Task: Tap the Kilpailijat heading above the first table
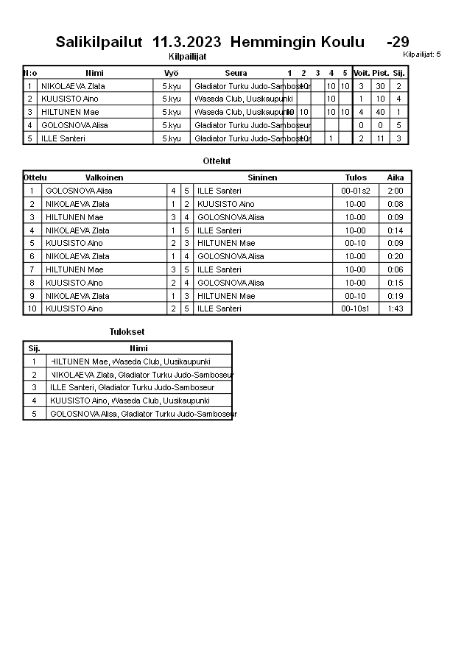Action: (x=188, y=56)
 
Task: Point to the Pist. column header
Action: (x=380, y=73)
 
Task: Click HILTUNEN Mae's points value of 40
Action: (x=380, y=112)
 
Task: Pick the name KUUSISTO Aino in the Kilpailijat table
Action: (x=70, y=99)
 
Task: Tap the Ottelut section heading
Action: (x=217, y=161)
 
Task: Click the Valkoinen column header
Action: (x=104, y=177)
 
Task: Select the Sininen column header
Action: (x=262, y=177)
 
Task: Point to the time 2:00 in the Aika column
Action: (x=396, y=191)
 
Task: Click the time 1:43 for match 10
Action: (x=396, y=308)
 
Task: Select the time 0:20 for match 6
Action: (x=396, y=256)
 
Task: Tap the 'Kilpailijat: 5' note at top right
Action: (x=422, y=54)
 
